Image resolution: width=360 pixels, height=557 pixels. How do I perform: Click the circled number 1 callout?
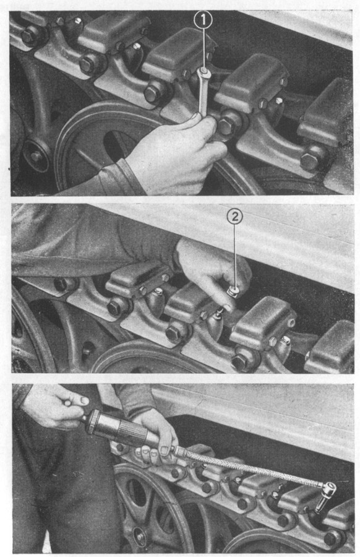203,20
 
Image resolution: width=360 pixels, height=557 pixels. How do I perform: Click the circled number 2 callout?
234,217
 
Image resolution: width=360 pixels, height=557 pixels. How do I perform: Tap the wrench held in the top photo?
203,92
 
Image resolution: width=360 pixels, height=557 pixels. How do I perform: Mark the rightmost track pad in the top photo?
326,114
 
